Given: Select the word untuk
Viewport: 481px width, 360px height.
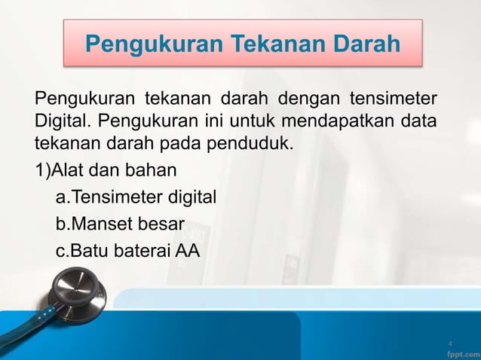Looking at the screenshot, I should click(254, 121).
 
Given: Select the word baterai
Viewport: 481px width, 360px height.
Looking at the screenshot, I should click(139, 251).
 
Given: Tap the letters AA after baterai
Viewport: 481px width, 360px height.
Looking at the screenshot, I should click(188, 251).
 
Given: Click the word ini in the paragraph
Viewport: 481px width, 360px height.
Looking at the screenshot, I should click(212, 121).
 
